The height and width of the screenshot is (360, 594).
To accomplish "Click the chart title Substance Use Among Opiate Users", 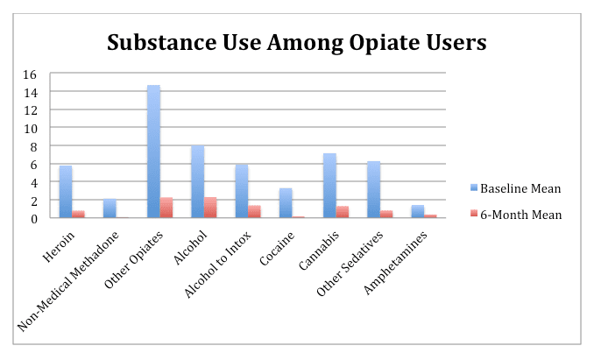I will point(296,42).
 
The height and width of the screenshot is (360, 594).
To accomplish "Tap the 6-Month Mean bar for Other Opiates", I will point(166,208).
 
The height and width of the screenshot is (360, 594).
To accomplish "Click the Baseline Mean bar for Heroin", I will point(65,192).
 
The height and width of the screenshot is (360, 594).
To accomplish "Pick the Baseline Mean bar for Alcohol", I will point(197,181).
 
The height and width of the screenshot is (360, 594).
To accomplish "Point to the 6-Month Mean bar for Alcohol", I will point(210,208).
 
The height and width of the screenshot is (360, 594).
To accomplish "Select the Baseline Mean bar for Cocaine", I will point(286,203).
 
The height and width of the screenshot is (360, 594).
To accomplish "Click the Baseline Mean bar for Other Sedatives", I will point(373,189).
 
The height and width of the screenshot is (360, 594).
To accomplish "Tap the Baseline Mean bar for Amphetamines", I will point(417,211).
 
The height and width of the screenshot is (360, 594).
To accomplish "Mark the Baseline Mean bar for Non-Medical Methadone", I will point(110,208).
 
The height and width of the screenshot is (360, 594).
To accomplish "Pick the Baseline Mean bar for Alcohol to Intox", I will point(242,191).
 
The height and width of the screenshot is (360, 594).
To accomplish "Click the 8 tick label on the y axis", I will point(32,145).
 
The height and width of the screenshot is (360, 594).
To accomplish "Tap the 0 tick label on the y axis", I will point(32,218).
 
